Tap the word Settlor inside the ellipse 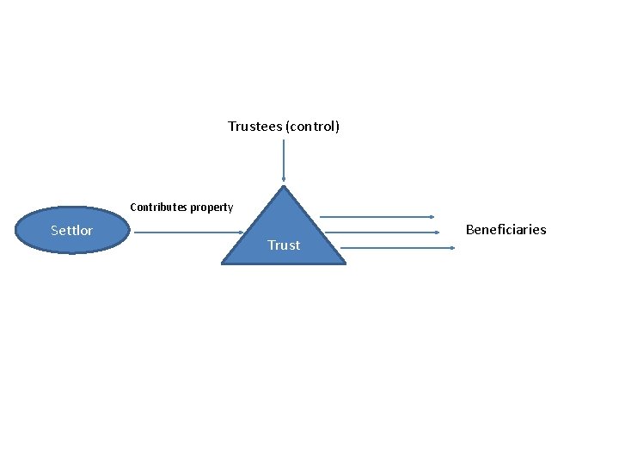pyautogui.click(x=72, y=231)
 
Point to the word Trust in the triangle pyautogui.click(x=284, y=245)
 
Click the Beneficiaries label pyautogui.click(x=506, y=229)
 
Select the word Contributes pyautogui.click(x=158, y=208)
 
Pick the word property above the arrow pyautogui.click(x=211, y=208)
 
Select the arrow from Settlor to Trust pyautogui.click(x=185, y=232)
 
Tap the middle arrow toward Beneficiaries pyautogui.click(x=387, y=232)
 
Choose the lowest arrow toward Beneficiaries pyautogui.click(x=395, y=248)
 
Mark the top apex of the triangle pyautogui.click(x=283, y=186)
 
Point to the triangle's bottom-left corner pyautogui.click(x=224, y=262)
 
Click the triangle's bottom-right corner pyautogui.click(x=344, y=262)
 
